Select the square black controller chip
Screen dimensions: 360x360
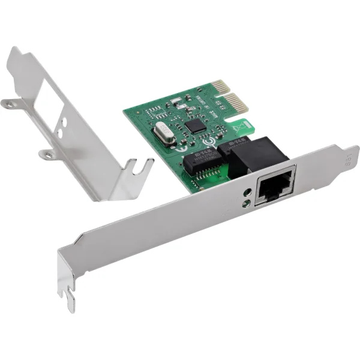(195, 125)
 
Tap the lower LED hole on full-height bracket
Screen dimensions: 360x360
(245, 203)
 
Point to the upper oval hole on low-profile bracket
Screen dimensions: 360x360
(62, 122)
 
